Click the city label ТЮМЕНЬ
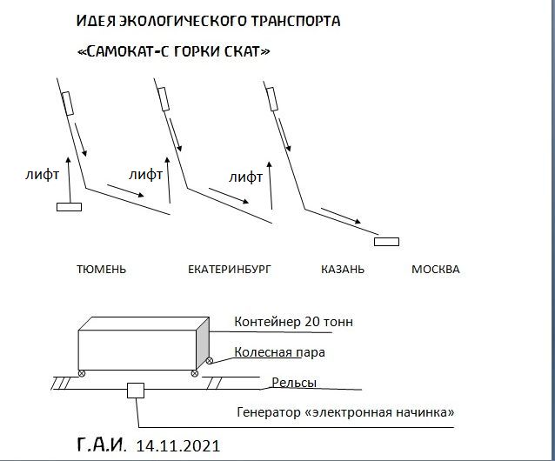(101, 270)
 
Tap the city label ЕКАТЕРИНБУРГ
(230, 270)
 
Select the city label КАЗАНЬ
(343, 270)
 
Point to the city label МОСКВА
(435, 270)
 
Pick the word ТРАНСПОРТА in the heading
(296, 21)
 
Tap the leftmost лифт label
(42, 175)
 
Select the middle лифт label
(145, 175)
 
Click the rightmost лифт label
(245, 177)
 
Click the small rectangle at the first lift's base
(69, 207)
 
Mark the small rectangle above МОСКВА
(386, 242)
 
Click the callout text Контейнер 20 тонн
(293, 322)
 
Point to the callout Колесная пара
(279, 352)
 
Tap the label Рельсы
(294, 383)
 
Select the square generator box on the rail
(136, 391)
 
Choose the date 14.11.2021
(178, 446)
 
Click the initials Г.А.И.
(102, 444)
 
